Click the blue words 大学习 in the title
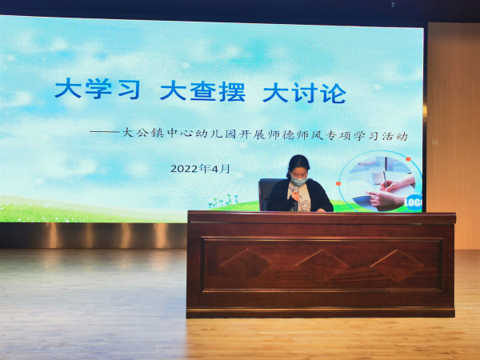click(98, 89)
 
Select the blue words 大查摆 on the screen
click(202, 91)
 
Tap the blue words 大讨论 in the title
click(304, 93)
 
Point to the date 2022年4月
click(200, 168)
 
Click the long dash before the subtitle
click(105, 132)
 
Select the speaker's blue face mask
click(298, 181)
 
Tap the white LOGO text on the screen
click(414, 202)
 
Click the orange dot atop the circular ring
click(408, 159)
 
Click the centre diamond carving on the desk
click(322, 266)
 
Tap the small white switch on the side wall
click(434, 142)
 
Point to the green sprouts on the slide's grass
click(223, 201)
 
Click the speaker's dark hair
click(298, 165)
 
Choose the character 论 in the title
click(334, 94)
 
